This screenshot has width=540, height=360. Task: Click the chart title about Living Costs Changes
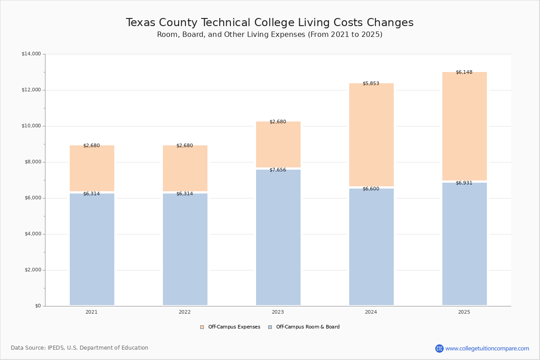(x=270, y=23)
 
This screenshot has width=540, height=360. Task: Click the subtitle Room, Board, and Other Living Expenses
(x=270, y=35)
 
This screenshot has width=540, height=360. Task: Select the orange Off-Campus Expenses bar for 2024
(x=371, y=135)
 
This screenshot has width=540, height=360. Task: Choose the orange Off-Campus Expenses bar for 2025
(x=464, y=126)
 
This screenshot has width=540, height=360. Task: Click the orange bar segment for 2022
(x=185, y=168)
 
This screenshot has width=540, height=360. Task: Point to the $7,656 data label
(x=278, y=170)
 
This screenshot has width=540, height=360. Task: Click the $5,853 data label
(x=371, y=84)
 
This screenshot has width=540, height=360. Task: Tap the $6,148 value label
(x=464, y=72)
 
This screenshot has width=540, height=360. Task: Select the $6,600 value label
(x=371, y=189)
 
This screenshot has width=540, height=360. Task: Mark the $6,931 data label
(x=464, y=183)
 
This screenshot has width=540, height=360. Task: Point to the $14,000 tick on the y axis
(x=31, y=54)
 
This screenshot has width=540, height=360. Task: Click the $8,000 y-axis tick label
(x=31, y=162)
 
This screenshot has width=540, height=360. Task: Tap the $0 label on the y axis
(x=38, y=306)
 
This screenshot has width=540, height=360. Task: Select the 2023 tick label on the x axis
(x=278, y=312)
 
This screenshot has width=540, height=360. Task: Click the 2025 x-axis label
(x=464, y=312)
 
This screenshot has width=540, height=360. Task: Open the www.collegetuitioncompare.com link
(x=487, y=348)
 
